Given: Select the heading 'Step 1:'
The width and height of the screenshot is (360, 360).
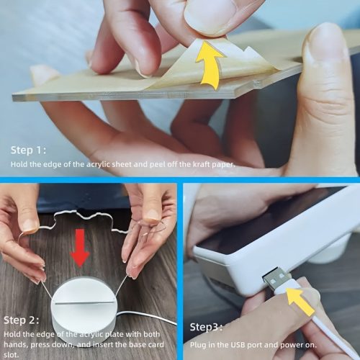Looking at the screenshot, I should point(28,150).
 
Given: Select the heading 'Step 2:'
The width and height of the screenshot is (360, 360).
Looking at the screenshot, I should point(22,320).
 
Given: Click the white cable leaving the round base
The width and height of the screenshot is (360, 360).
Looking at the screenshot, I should point(155,317).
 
